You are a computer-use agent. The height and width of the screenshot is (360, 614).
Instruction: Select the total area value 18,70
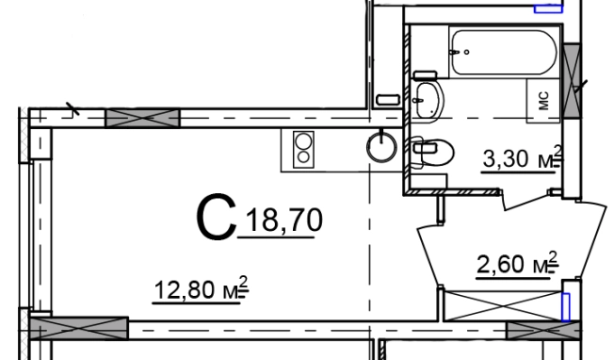pos(284,221)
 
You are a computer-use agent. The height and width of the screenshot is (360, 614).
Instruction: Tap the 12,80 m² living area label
pos(201,288)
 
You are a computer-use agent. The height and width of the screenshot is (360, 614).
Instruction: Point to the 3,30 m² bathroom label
pos(523,157)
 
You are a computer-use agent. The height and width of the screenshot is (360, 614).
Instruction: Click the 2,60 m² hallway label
pos(517,263)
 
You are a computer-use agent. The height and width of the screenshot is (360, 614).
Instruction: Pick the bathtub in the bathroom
pos(504,53)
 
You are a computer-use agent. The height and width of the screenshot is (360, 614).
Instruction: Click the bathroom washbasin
pos(428,100)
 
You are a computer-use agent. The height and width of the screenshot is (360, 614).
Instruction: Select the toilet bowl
pos(432,152)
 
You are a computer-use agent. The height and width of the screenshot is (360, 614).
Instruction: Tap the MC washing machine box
pos(542,101)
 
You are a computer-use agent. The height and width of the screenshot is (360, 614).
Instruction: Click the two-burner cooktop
pos(303,149)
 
